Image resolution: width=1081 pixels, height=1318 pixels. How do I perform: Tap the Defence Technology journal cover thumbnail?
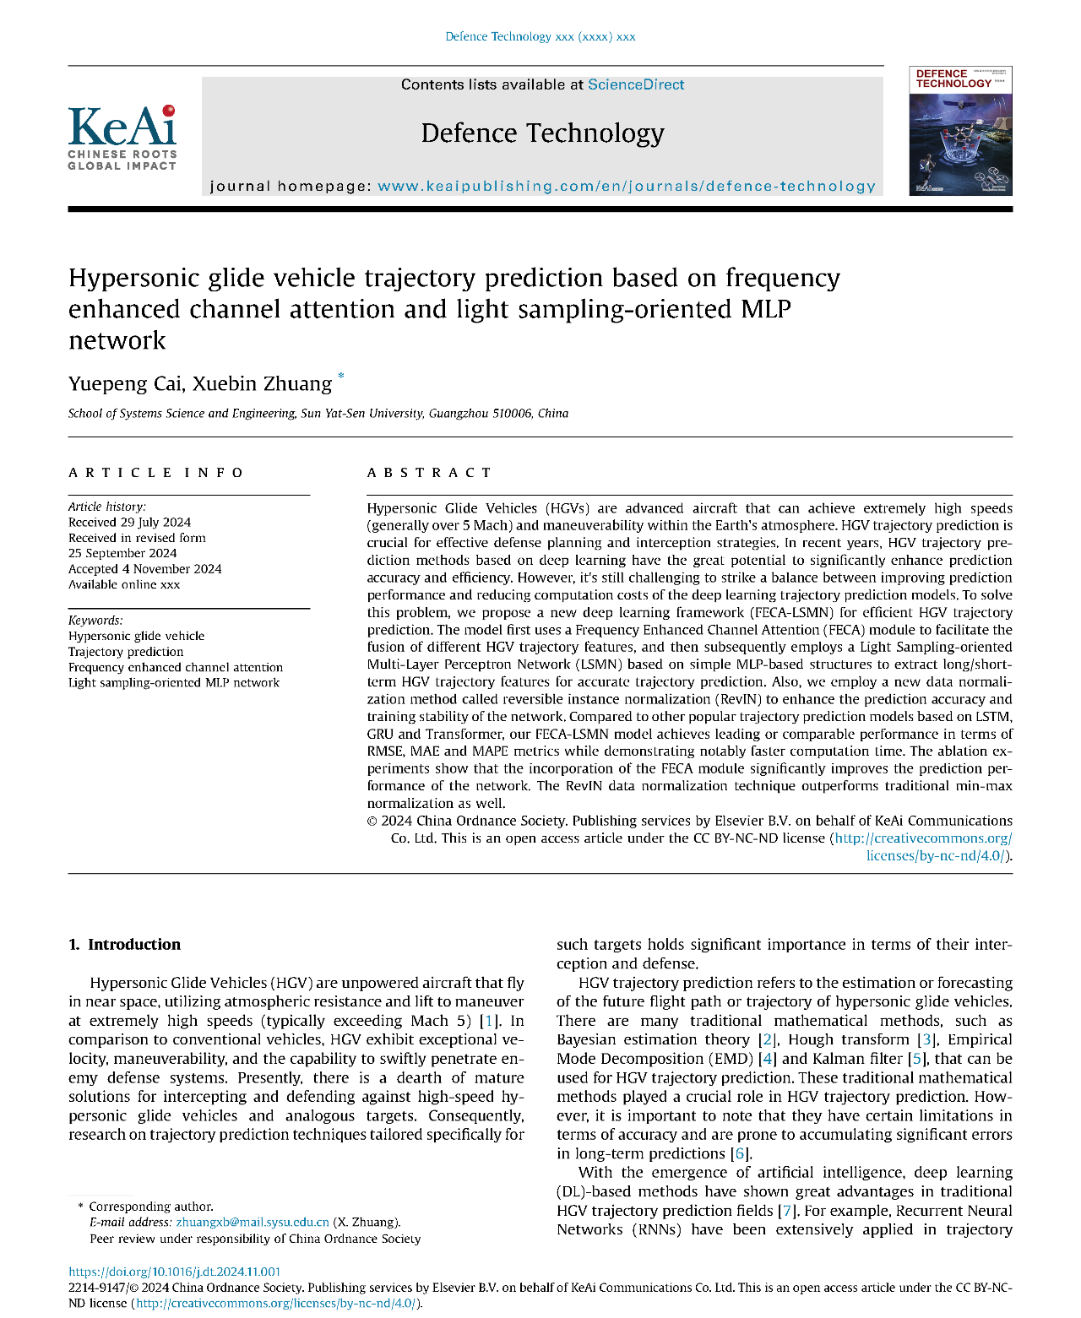coord(960,131)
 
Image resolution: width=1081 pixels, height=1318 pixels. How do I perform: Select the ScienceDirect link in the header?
coord(635,84)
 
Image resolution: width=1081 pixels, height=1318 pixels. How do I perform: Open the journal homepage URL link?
coord(626,186)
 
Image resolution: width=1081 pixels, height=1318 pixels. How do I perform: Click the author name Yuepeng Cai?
coord(124,383)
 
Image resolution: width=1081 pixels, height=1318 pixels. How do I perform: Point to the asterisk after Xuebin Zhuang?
coord(341,377)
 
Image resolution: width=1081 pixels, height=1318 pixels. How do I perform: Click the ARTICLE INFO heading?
coord(156,472)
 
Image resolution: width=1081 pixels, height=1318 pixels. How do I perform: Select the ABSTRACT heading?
coord(429,472)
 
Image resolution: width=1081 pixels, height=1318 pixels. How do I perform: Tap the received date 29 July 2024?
coord(129,522)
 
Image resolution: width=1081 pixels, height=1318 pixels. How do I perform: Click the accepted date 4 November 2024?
coord(144,568)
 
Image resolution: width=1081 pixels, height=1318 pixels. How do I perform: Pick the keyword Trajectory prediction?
coord(126,651)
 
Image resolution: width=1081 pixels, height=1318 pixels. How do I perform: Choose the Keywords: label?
coord(95,620)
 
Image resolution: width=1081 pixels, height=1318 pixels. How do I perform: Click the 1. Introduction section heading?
coord(124,944)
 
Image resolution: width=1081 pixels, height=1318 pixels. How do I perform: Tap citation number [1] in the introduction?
coord(487,1020)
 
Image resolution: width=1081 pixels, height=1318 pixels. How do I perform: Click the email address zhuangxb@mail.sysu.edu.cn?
coord(252,1222)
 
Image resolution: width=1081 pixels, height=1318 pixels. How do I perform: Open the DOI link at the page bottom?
coord(174,1272)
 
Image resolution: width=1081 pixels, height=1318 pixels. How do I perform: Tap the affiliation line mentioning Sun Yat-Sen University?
coord(318,413)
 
